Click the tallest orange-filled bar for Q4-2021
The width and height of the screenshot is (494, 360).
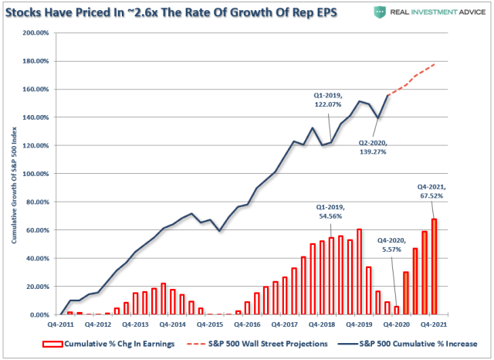[434, 267]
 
